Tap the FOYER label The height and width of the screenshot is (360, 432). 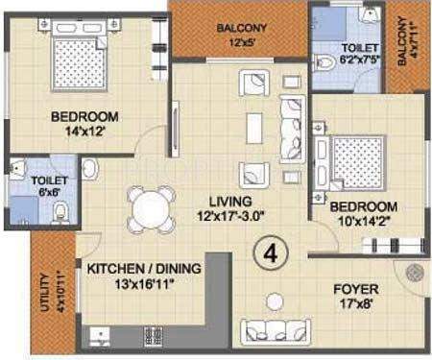[x=355, y=289]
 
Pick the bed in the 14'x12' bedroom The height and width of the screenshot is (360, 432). [x=72, y=63]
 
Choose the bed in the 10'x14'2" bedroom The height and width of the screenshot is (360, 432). [x=357, y=162]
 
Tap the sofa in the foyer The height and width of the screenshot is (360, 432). [x=278, y=331]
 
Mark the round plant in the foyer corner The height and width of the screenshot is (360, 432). [x=415, y=273]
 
